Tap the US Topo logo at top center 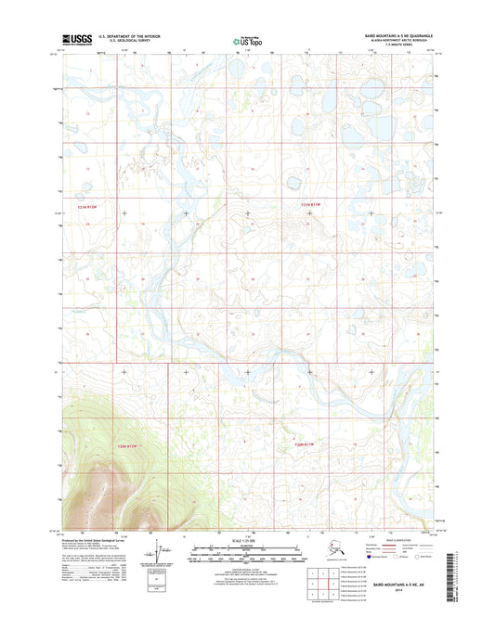(247, 41)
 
